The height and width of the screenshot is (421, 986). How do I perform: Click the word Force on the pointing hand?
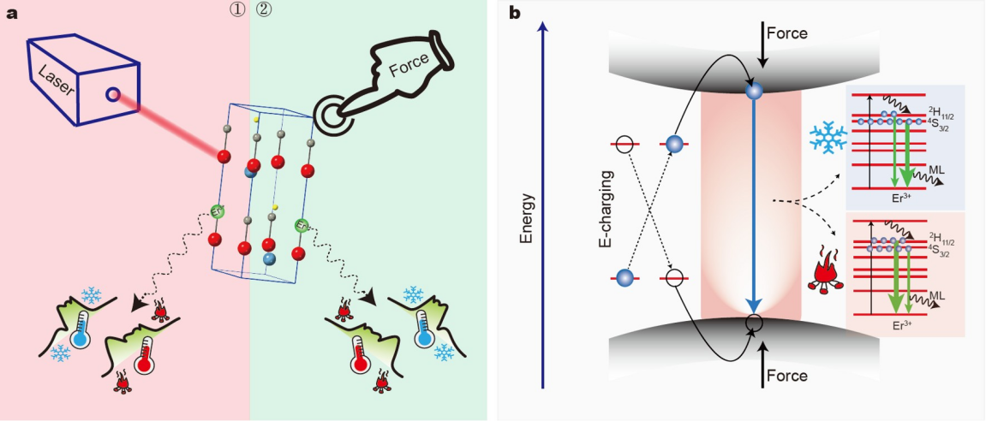[410, 66]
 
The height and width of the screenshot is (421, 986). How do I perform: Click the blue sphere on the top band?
[754, 92]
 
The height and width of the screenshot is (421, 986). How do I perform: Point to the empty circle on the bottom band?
[754, 323]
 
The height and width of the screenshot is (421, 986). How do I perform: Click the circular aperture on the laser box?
[113, 95]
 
